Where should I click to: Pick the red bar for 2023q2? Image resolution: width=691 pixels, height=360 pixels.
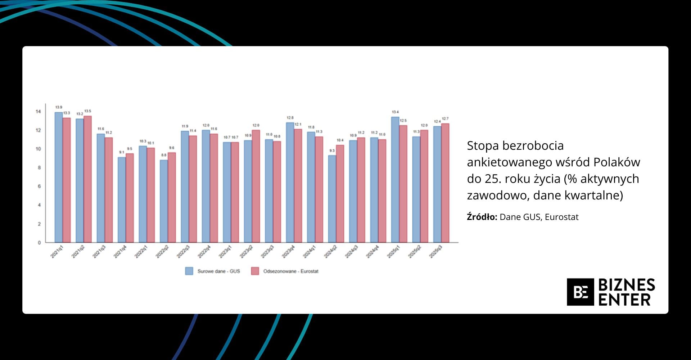click(256, 186)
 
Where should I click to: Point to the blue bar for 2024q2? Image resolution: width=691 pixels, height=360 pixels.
click(332, 199)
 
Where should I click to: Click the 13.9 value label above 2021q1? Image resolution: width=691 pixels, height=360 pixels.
click(59, 107)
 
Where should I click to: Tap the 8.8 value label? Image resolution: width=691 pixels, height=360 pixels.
click(164, 155)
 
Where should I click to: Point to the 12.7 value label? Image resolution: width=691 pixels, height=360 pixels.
click(445, 119)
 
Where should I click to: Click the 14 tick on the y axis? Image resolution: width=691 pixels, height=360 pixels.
click(38, 112)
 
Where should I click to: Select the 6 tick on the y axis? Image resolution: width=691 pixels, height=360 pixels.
click(39, 186)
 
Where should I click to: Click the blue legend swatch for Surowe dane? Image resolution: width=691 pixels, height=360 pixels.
click(189, 271)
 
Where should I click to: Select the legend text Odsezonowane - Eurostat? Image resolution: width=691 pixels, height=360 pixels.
click(290, 271)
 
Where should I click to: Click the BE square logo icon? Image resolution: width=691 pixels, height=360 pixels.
click(580, 292)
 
